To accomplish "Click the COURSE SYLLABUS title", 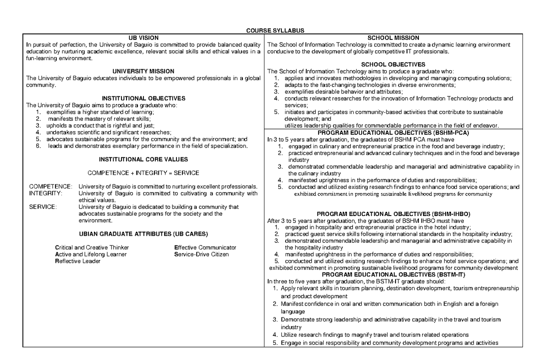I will point(275,31).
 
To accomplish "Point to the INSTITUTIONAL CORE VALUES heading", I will point(143,159).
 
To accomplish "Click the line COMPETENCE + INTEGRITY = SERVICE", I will point(143,173).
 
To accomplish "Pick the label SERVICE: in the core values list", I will point(43,207).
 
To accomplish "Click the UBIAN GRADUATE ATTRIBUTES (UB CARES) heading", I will point(143,234).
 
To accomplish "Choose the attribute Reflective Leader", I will point(77,261).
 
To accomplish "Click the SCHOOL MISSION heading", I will point(393,38).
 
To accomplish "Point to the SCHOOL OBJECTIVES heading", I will point(393,65).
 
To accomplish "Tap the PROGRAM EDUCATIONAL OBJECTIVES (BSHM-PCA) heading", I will point(393,133).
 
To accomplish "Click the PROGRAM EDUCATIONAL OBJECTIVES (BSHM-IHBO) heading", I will point(393,214).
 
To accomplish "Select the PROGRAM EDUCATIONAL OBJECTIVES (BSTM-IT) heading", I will point(393,275).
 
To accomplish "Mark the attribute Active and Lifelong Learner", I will point(91,254).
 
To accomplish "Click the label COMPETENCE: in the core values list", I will point(50,187).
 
